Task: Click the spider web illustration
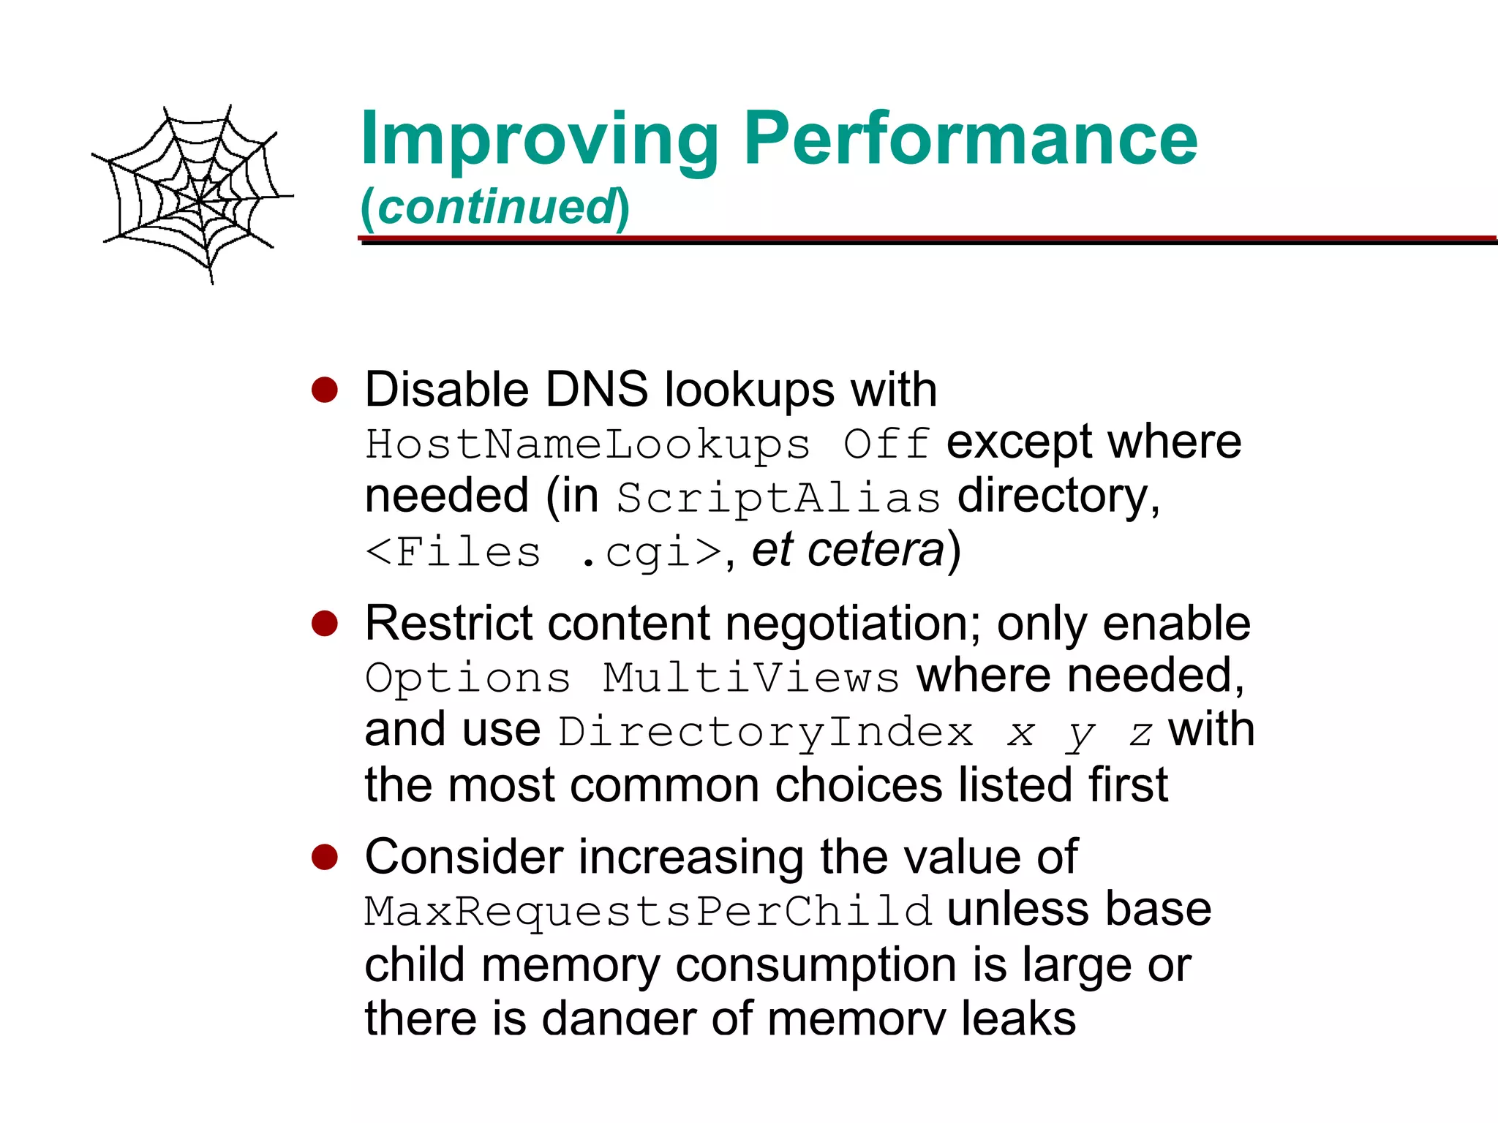point(194,194)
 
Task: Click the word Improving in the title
point(540,140)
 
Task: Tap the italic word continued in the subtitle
point(496,207)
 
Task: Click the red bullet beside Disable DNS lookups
point(324,390)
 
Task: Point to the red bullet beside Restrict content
point(324,624)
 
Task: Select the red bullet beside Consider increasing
point(324,857)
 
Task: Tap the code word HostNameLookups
point(588,445)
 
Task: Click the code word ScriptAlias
point(778,499)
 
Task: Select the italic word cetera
point(876,551)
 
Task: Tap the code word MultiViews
point(750,678)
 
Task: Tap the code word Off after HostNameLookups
point(886,445)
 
